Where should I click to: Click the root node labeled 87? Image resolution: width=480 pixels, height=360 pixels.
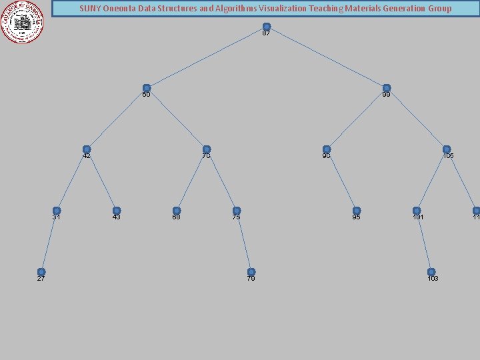tap(267, 27)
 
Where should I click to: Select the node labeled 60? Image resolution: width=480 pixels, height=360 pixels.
tap(147, 88)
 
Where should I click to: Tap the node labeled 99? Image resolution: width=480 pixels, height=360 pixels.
tap(387, 88)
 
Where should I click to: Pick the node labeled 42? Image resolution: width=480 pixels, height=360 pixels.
tap(87, 149)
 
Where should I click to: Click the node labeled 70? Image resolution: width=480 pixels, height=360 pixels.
tap(207, 149)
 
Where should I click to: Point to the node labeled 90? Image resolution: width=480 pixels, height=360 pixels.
tap(327, 149)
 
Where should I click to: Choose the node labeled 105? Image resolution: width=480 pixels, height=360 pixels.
tap(447, 149)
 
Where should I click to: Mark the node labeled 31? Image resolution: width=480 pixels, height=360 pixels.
tap(57, 211)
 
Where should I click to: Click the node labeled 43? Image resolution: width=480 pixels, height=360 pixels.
tap(117, 211)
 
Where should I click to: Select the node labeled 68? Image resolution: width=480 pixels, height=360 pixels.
tap(177, 211)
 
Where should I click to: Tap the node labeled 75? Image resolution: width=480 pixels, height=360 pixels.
tap(237, 211)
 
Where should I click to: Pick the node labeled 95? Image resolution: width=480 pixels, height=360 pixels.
tap(357, 211)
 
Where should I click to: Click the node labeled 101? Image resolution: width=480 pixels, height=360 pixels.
tap(417, 211)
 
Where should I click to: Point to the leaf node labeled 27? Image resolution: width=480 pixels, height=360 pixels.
tap(41, 272)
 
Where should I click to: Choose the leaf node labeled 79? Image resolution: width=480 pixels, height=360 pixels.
tap(251, 272)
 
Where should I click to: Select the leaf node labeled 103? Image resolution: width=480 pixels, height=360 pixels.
tap(431, 272)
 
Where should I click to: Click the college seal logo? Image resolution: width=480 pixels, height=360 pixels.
tap(22, 21)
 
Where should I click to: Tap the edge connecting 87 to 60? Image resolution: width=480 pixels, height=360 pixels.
tap(207, 57)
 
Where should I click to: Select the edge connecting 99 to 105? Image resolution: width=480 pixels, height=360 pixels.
tap(417, 119)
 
